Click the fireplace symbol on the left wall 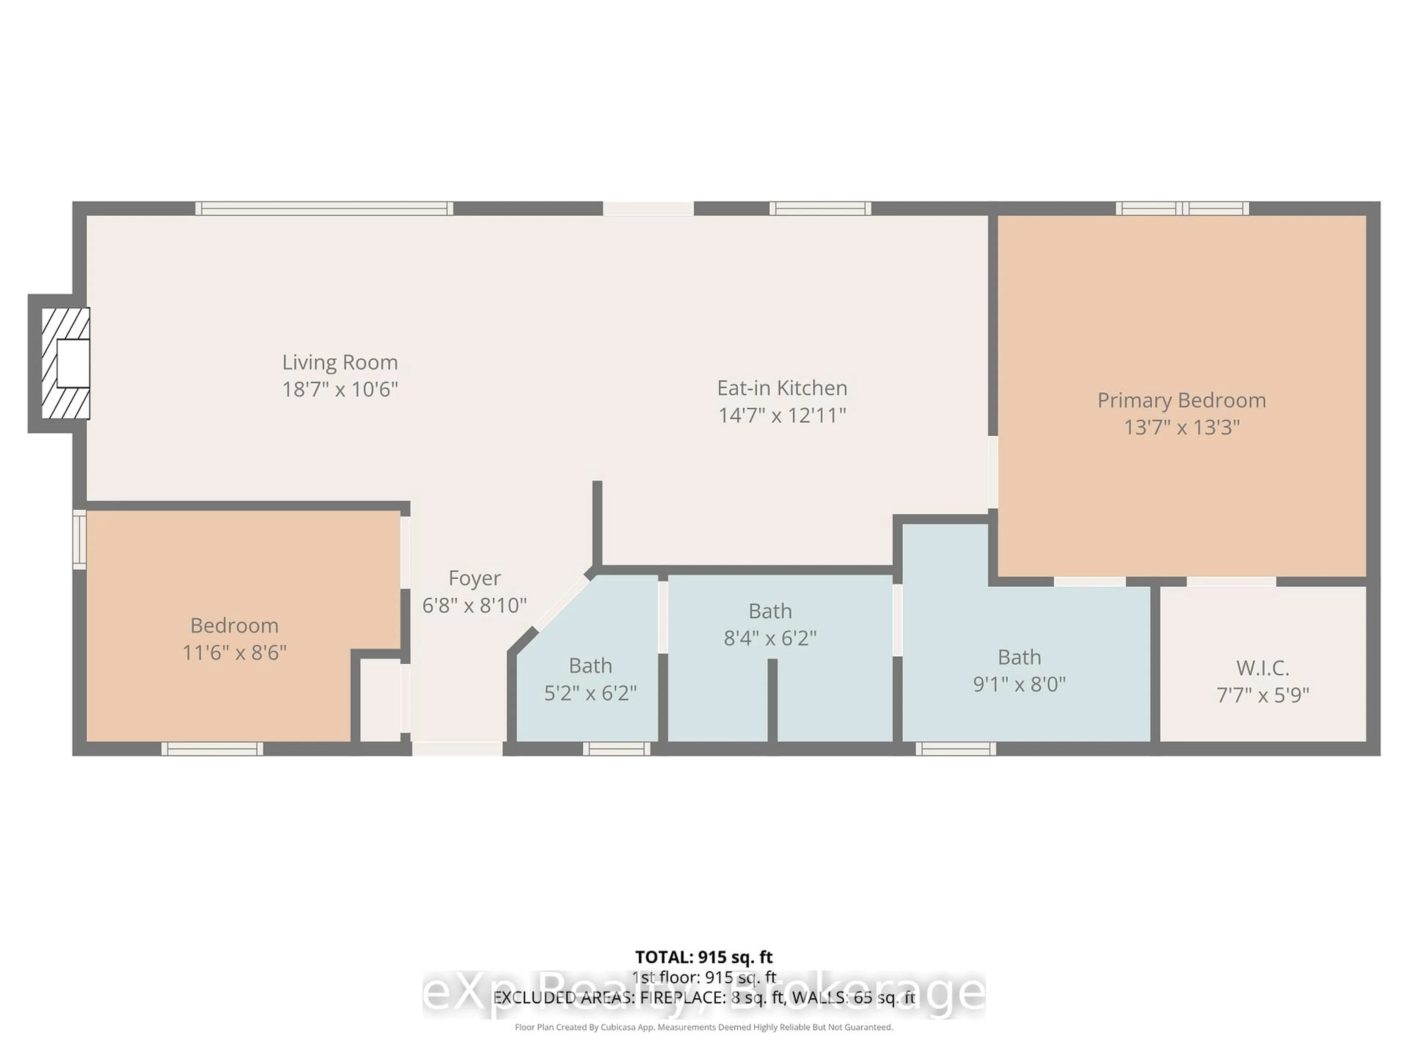coord(66,363)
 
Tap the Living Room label coord(340,362)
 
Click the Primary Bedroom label coord(1181,400)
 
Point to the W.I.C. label coord(1263,668)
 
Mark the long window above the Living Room coord(324,208)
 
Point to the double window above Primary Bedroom coord(1182,208)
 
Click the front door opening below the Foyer coord(457,749)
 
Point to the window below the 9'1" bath coord(956,749)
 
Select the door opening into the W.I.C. coord(1231,581)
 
